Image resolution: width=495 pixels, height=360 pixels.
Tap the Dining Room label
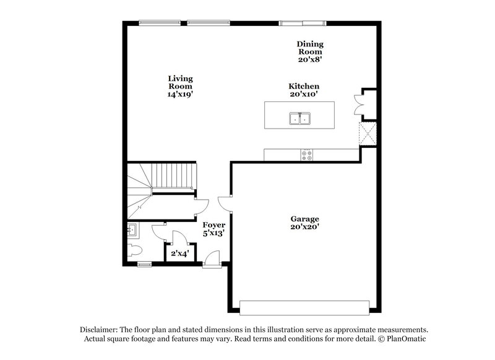(x=310, y=52)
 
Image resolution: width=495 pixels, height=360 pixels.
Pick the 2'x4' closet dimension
(x=180, y=252)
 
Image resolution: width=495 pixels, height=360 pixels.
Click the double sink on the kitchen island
(x=299, y=117)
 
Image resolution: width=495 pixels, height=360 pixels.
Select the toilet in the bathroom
(x=134, y=251)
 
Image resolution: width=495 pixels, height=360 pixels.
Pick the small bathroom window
(x=144, y=265)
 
